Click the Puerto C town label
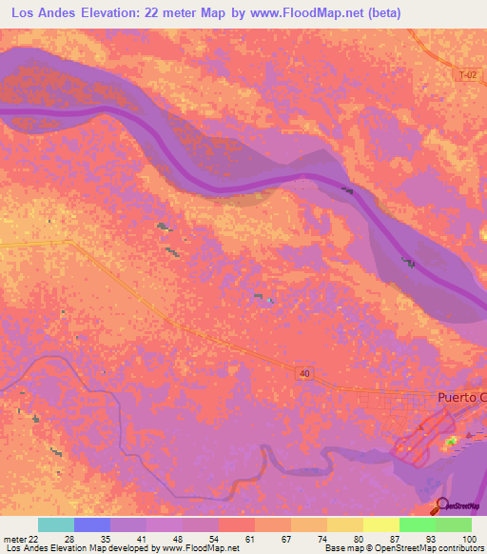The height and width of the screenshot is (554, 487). (460, 397)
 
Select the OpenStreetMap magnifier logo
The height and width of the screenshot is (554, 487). (443, 507)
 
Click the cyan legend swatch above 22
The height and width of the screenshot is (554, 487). (56, 524)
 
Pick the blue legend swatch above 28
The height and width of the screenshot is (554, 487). (92, 524)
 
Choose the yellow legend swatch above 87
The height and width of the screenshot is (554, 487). (381, 524)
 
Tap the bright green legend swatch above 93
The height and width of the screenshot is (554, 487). (418, 524)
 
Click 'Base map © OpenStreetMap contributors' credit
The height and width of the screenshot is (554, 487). (404, 549)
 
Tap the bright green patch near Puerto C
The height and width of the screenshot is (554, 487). (451, 440)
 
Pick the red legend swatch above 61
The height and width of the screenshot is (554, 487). (237, 524)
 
